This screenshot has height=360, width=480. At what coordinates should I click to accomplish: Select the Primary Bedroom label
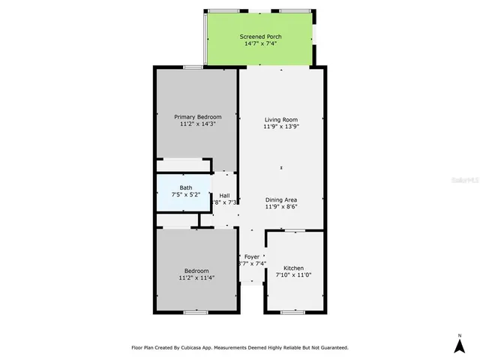(x=198, y=116)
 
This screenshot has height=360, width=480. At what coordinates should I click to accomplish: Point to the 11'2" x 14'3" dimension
(x=198, y=124)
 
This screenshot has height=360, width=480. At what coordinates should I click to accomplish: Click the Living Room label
(x=281, y=119)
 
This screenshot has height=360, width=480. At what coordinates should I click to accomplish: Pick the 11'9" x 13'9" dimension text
(x=281, y=127)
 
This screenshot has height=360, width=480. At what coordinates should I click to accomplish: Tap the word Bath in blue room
(x=185, y=187)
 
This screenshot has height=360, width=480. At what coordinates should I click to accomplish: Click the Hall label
(x=224, y=194)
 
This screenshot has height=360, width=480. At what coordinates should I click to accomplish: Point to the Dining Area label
(x=281, y=200)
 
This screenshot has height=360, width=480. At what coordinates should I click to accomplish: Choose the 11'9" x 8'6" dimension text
(x=281, y=208)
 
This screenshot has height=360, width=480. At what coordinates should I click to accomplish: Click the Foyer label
(x=252, y=256)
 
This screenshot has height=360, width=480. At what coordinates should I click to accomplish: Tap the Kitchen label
(x=293, y=268)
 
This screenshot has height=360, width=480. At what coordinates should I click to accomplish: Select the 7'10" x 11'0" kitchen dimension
(x=293, y=275)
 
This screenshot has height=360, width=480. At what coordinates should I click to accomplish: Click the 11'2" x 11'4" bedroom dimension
(x=197, y=278)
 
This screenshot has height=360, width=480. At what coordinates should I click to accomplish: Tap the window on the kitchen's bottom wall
(x=293, y=311)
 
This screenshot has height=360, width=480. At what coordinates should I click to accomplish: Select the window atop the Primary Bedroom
(x=193, y=67)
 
